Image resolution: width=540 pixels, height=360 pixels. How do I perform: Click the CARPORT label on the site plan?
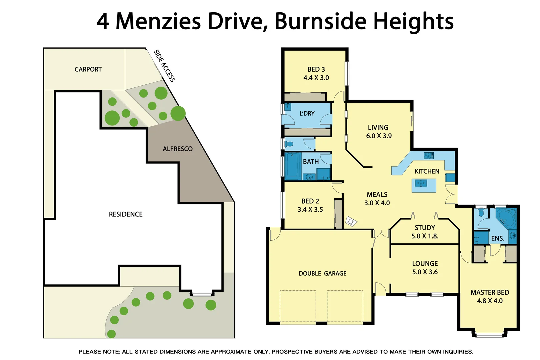[88, 69]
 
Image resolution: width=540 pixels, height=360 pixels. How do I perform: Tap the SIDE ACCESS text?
[164, 66]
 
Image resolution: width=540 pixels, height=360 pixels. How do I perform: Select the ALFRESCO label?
[178, 149]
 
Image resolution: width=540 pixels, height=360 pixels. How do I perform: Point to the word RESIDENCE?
[126, 214]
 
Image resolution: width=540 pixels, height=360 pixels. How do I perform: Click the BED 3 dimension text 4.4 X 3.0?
[316, 78]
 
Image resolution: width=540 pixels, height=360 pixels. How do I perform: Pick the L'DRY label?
[307, 113]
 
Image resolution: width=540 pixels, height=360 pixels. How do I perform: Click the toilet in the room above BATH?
[289, 144]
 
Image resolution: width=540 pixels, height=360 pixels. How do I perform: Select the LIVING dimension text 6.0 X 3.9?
[379, 136]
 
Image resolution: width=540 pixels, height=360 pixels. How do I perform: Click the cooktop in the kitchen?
[428, 155]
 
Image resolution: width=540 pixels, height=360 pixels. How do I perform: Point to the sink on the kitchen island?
[421, 183]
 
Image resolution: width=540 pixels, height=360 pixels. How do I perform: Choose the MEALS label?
[377, 194]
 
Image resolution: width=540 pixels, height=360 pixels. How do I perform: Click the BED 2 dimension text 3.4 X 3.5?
[310, 209]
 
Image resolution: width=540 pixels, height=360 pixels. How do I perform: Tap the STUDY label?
[425, 228]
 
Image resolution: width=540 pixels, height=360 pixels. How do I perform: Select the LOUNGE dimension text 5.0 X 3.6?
[425, 272]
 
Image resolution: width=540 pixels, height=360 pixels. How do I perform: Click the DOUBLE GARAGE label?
[322, 273]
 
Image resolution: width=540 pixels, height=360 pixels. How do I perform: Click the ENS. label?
[498, 238]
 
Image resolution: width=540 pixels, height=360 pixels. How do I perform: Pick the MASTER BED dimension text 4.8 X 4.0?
[490, 301]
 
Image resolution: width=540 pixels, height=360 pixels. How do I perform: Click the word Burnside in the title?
[320, 21]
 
